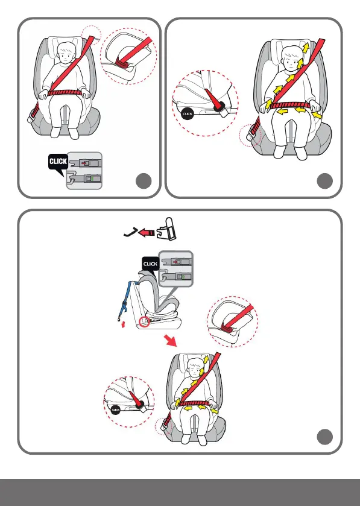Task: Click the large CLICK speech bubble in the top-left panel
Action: (58, 163)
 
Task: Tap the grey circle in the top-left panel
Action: (144, 181)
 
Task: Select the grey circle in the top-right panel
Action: (325, 181)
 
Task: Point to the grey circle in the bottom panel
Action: (325, 437)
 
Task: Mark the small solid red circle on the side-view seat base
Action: (145, 321)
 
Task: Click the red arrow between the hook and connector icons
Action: (147, 232)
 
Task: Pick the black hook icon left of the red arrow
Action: (131, 232)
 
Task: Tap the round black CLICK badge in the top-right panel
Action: (187, 114)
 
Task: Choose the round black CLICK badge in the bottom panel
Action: (116, 410)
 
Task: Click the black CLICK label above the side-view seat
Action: (150, 264)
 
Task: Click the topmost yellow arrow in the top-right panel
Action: (306, 48)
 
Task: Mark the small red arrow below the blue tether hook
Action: (123, 324)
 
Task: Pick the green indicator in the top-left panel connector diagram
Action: (92, 179)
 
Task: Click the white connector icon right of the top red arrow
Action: (167, 229)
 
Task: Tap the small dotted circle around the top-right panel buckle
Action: (250, 136)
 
